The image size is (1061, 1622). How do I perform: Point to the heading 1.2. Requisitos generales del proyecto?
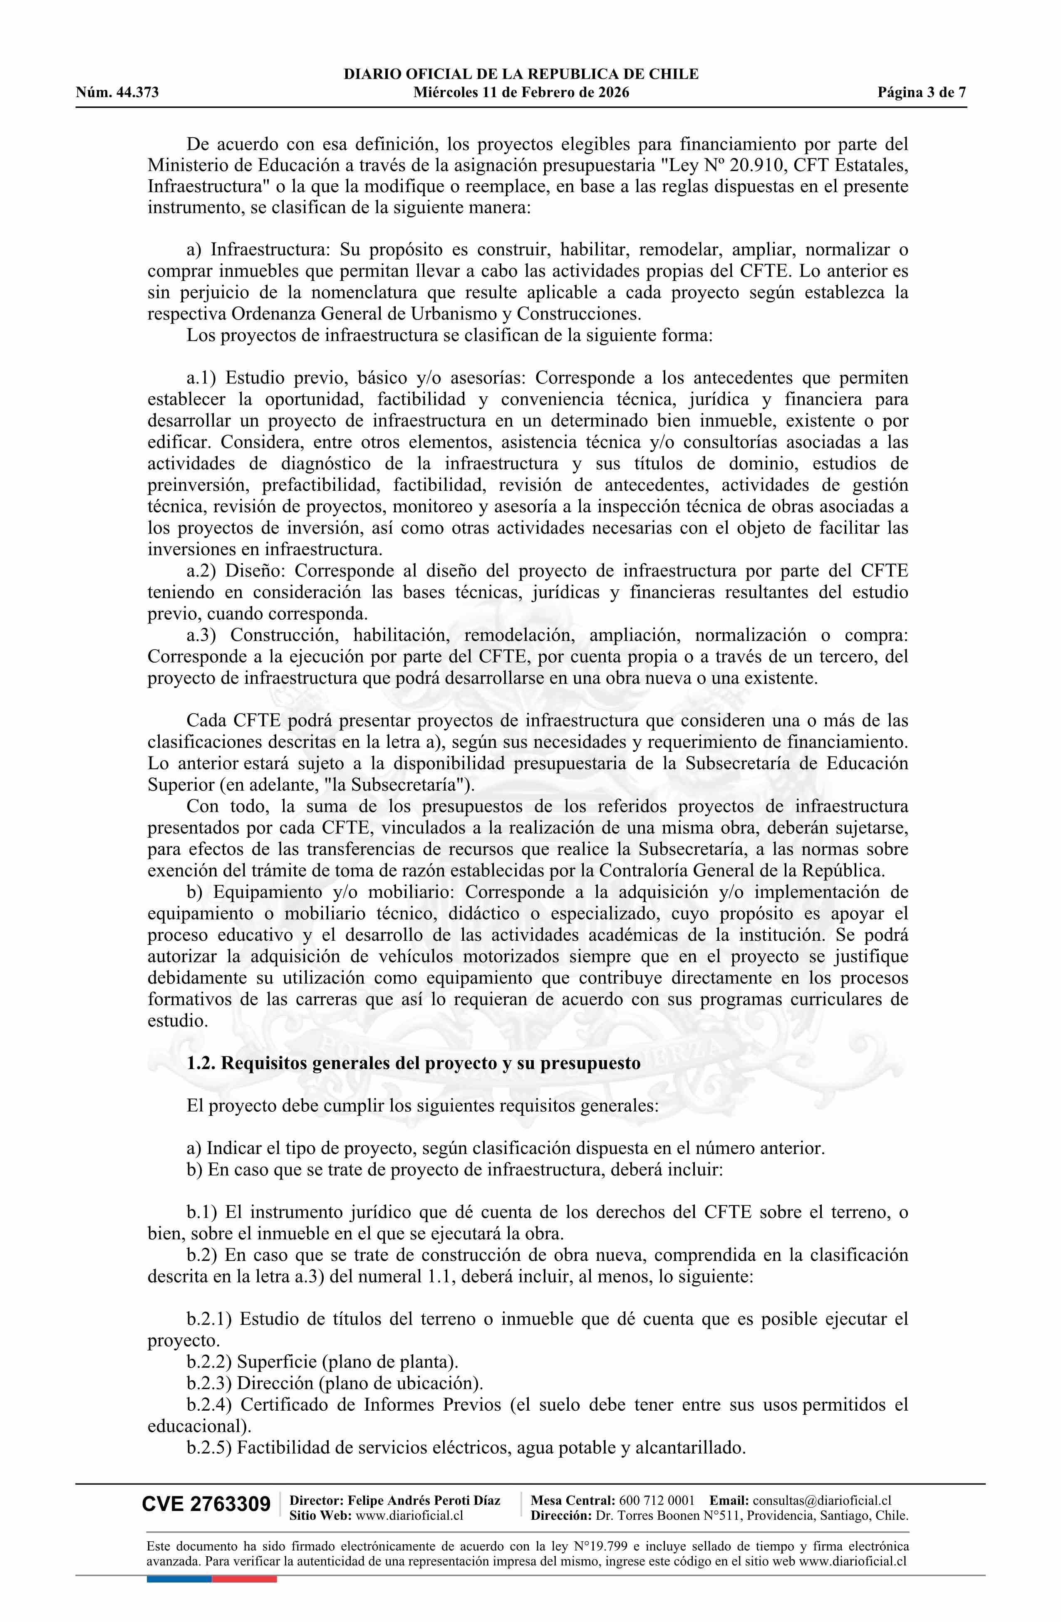point(413,1063)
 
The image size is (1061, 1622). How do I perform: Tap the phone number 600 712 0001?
point(657,1501)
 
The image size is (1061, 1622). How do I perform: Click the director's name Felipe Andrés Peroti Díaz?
point(424,1501)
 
